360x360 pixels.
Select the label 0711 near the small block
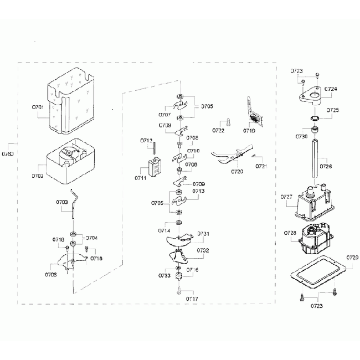coord(141,178)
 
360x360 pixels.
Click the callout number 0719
coord(249,131)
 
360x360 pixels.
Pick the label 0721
coord(261,166)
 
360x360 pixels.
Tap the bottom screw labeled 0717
coord(179,289)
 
